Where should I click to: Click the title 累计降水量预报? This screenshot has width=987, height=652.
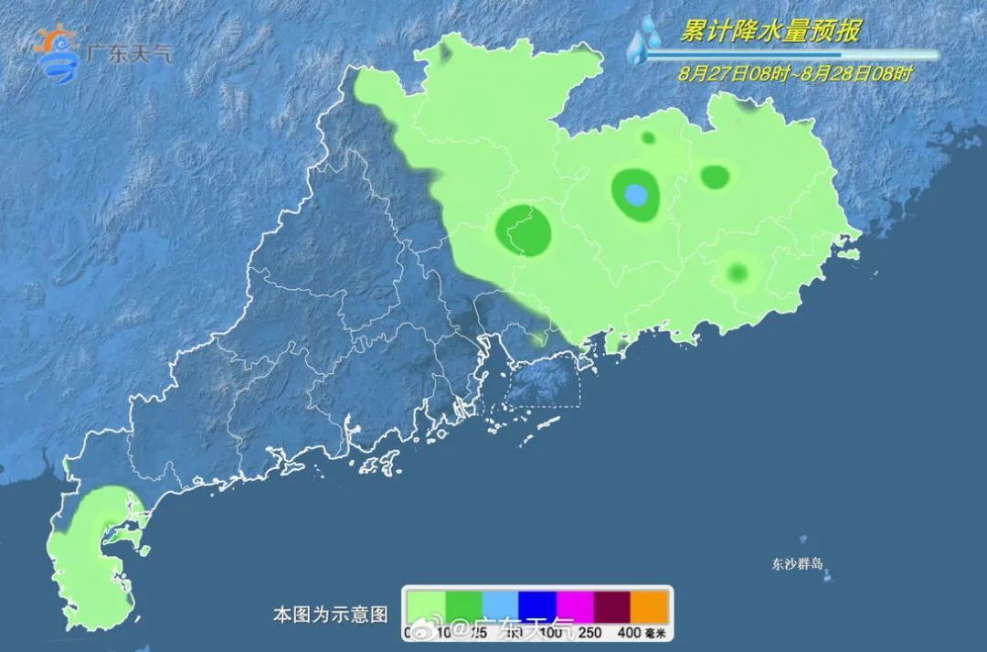tap(769, 32)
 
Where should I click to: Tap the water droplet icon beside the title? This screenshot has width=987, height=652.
tap(645, 40)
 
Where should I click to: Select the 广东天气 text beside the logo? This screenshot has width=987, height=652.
tap(127, 53)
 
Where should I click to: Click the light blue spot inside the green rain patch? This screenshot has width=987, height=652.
tap(637, 195)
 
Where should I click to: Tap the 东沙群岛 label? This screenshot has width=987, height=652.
tap(799, 563)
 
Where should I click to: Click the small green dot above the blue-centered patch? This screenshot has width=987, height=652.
tap(648, 138)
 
